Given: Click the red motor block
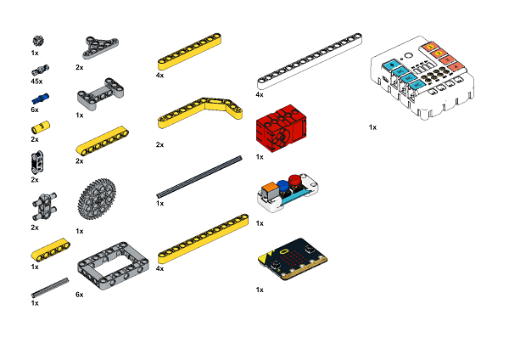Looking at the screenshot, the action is click(281, 128).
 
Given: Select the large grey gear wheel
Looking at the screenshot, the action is click(97, 198).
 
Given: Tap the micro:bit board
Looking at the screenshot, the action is click(293, 259).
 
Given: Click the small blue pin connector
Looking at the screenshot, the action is click(40, 98).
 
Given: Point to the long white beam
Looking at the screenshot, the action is click(310, 61).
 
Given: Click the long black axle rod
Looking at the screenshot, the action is click(199, 177).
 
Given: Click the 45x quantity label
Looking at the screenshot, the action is click(36, 82).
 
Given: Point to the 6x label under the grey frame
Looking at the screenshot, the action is click(80, 295).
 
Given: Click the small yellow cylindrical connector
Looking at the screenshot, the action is click(41, 127).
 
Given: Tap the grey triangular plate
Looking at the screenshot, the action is click(101, 48).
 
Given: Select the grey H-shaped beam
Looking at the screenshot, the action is click(100, 94).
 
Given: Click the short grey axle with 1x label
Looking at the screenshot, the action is click(50, 288).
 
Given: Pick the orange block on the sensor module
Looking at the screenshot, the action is click(269, 190).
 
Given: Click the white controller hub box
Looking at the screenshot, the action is click(422, 77).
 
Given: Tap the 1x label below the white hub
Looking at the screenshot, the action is click(372, 127).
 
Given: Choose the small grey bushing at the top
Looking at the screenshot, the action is click(38, 42).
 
